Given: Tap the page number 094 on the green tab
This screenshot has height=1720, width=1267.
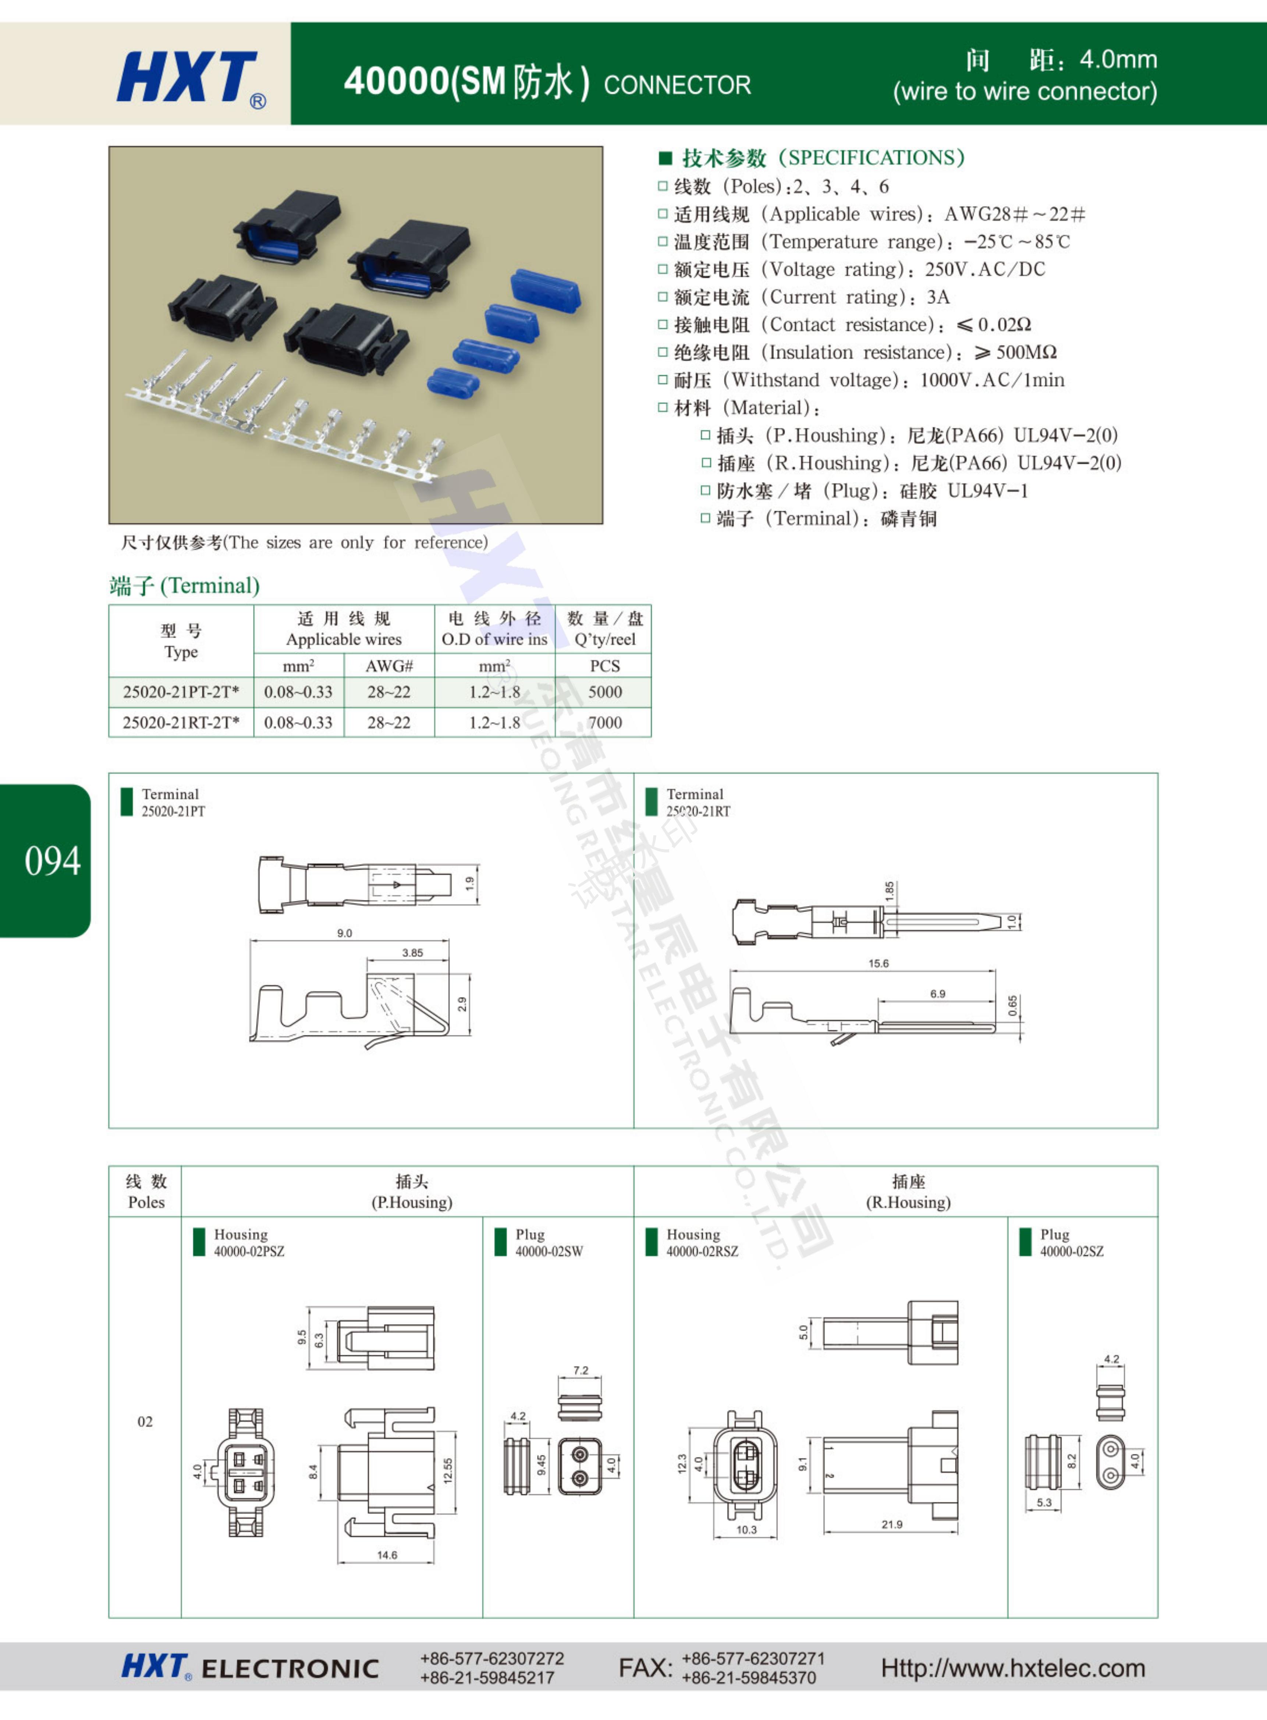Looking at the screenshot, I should click(52, 861).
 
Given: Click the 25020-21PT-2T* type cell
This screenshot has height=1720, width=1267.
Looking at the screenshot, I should click(181, 692).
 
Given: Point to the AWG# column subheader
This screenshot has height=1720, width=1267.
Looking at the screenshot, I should click(389, 666).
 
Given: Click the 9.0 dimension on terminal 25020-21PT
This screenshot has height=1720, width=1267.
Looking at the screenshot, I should click(344, 933).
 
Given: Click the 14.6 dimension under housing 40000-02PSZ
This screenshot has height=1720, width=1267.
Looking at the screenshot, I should click(387, 1555).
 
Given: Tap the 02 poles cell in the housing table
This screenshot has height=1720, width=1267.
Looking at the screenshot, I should click(145, 1422).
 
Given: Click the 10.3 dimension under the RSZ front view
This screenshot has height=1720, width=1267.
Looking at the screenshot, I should click(746, 1530).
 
